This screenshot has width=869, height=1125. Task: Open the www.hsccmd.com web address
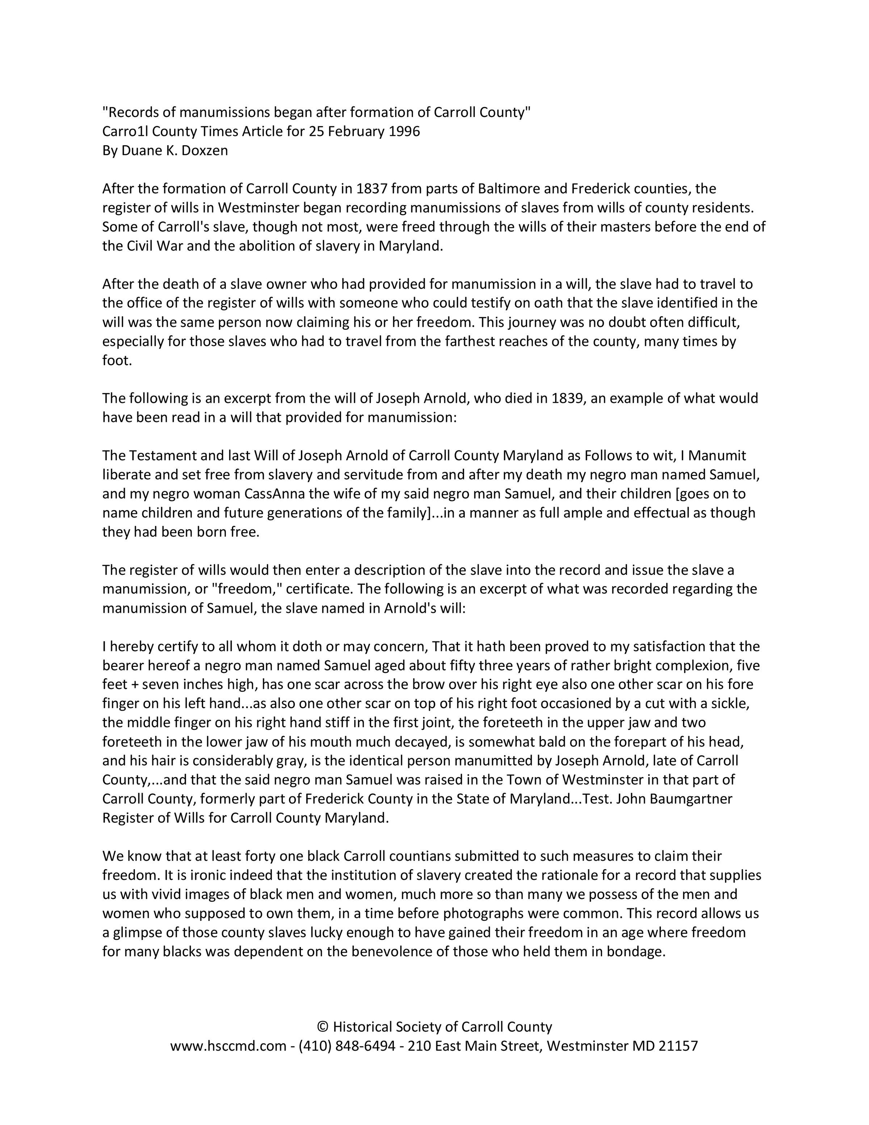(228, 1046)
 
